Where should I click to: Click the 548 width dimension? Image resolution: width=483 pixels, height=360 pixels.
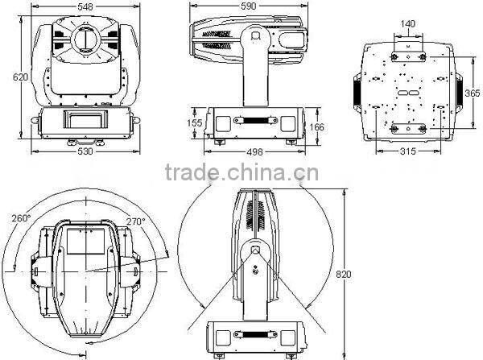pos(85,6)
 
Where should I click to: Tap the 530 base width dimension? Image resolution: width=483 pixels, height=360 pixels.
pos(84,151)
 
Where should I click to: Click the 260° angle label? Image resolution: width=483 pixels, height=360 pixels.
pos(20,218)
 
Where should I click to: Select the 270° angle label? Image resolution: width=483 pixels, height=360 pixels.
pos(135,221)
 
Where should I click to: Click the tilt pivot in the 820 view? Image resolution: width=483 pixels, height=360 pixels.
pos(255,251)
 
